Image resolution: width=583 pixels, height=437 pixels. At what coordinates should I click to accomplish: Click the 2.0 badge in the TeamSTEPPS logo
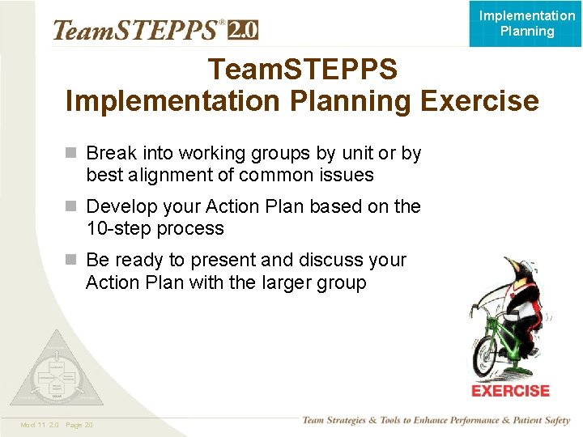243,30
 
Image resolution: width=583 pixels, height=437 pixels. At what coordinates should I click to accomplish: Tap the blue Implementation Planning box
526,23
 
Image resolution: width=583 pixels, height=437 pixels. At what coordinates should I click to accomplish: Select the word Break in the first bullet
112,153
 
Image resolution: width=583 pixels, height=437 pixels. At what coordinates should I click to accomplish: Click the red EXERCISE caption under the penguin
510,391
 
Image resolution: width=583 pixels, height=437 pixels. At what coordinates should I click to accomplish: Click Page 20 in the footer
79,425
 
